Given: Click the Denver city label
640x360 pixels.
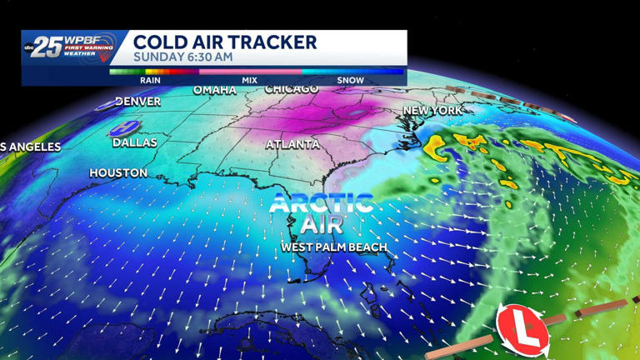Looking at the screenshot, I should (x=137, y=102).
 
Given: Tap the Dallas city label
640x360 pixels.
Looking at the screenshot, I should (x=135, y=142).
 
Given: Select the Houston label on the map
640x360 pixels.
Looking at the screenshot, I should (x=118, y=173).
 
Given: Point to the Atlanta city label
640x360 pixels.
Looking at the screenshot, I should (x=292, y=144).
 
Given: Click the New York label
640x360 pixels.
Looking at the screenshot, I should (x=432, y=110).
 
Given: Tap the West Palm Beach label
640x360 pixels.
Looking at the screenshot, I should (x=335, y=247).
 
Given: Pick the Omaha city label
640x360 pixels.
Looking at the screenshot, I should (x=215, y=90).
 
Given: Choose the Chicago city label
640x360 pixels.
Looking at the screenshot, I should (x=292, y=88).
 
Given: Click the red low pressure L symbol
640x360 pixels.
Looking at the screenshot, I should (x=522, y=328).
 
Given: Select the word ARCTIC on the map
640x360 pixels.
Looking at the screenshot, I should (x=322, y=202).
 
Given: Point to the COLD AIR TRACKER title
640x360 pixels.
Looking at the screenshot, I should (x=225, y=42).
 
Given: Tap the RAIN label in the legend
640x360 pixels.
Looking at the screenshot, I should (x=150, y=80).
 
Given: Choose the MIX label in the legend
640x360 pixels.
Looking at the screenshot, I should (x=249, y=80).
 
